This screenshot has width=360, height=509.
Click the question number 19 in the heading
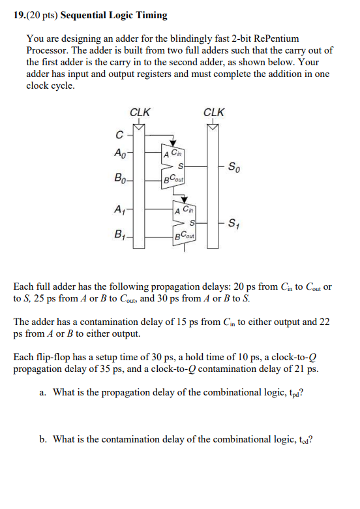click(18, 15)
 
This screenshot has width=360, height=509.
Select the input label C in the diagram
click(119, 136)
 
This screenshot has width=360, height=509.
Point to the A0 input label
click(120, 154)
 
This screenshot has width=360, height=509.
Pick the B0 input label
click(120, 177)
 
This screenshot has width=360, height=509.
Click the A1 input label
click(120, 209)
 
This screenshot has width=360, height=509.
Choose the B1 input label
click(120, 233)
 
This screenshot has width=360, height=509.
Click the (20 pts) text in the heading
click(42, 15)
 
